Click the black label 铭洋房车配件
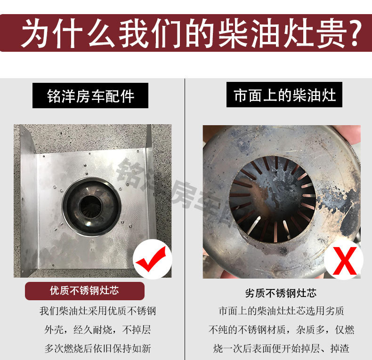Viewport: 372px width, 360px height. point(91,96)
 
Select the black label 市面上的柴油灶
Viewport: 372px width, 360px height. point(284,96)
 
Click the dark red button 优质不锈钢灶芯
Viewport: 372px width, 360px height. point(84,290)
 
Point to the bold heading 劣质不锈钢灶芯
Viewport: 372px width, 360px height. point(281,293)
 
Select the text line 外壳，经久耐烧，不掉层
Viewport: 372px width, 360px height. point(98,329)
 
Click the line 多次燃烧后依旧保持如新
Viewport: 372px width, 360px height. point(98,348)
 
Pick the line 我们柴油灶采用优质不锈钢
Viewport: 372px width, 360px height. point(98,311)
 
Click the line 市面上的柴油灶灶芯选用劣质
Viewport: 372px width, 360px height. point(281,311)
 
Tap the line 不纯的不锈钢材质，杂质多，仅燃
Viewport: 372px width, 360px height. point(281,329)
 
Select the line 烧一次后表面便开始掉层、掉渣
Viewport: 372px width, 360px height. point(281,348)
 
